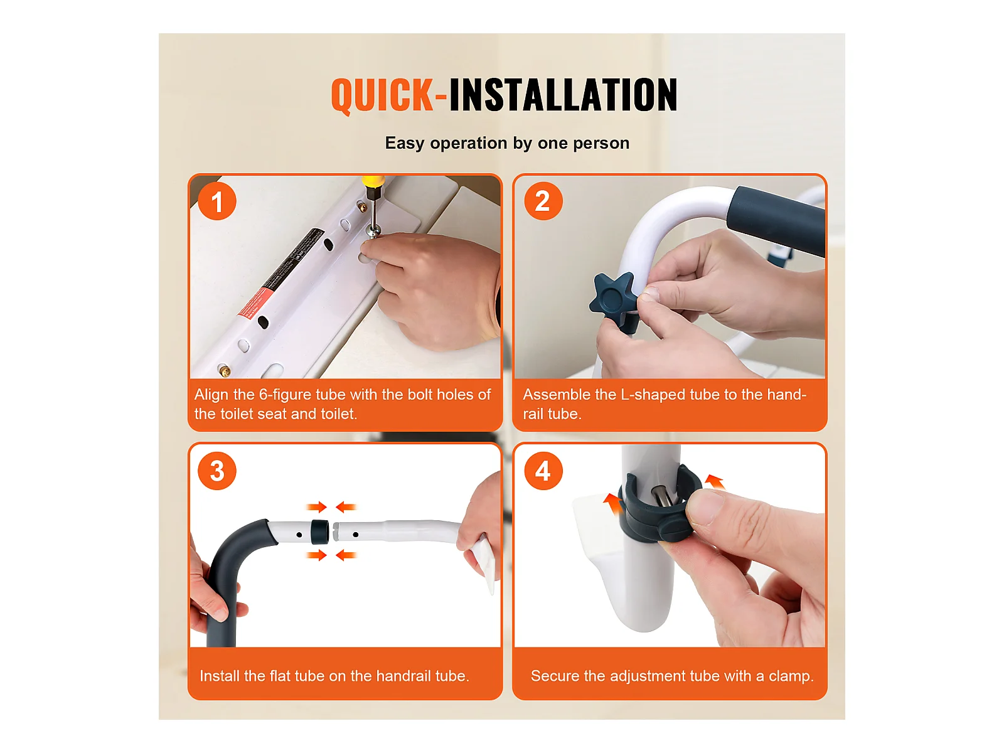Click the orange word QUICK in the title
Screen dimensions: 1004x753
[382, 95]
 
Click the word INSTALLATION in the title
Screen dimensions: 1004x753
[563, 94]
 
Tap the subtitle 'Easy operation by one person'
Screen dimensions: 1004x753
[507, 144]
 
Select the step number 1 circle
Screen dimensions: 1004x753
[217, 201]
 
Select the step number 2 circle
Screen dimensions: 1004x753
[543, 201]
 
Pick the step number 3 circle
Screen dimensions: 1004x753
[217, 471]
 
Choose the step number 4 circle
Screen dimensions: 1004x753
[543, 471]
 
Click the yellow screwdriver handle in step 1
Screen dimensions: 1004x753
[372, 181]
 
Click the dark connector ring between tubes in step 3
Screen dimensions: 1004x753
[320, 531]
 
